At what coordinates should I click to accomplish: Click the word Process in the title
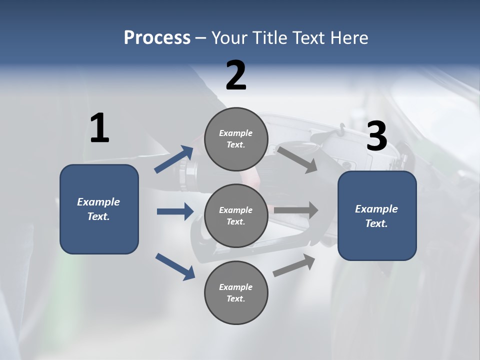(x=157, y=38)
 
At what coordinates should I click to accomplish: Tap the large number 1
(x=99, y=128)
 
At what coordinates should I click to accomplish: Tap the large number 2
(x=236, y=76)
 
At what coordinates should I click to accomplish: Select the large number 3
(x=377, y=136)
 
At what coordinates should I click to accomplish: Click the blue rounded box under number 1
(x=99, y=209)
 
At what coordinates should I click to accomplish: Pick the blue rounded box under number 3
(x=377, y=216)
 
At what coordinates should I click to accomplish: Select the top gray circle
(x=236, y=139)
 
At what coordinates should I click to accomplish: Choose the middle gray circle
(x=236, y=215)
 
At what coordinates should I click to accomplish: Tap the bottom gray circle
(x=236, y=292)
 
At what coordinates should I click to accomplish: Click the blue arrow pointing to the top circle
(x=174, y=159)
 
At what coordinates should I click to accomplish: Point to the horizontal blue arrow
(x=175, y=211)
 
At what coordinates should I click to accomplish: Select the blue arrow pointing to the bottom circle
(x=175, y=266)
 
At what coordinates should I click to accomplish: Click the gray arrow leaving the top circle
(x=297, y=159)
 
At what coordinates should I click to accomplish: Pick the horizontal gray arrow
(x=296, y=210)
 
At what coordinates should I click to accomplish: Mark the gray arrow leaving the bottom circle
(x=294, y=265)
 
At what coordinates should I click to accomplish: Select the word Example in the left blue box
(x=98, y=202)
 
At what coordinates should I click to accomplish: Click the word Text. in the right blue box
(x=376, y=223)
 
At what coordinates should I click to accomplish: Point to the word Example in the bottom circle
(x=235, y=287)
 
